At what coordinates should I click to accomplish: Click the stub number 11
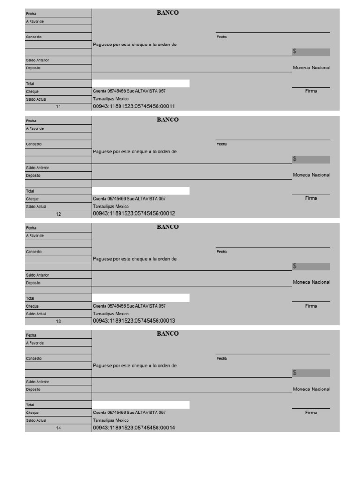click(59, 106)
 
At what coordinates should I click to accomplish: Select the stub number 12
click(59, 214)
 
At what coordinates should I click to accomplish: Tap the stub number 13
click(59, 321)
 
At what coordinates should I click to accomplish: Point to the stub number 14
click(59, 427)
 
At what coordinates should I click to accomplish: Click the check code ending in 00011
click(134, 106)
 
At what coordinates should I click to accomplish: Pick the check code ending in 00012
click(134, 214)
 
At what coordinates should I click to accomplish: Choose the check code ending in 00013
click(134, 321)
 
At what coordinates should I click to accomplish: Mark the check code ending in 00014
click(134, 427)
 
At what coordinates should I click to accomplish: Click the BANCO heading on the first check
click(168, 13)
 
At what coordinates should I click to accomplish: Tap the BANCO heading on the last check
click(168, 333)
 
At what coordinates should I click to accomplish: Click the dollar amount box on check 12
click(311, 159)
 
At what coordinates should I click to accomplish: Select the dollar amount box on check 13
click(311, 266)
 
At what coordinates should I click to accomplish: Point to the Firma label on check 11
click(311, 91)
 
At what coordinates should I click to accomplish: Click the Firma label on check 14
click(311, 412)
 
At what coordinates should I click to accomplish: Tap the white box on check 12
click(141, 190)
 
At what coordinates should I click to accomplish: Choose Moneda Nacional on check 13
click(311, 282)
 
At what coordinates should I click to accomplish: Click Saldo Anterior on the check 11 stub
click(37, 60)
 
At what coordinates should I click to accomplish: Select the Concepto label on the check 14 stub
click(34, 359)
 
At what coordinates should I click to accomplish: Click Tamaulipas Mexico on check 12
click(111, 206)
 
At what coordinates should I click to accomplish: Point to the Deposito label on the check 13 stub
click(33, 283)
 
